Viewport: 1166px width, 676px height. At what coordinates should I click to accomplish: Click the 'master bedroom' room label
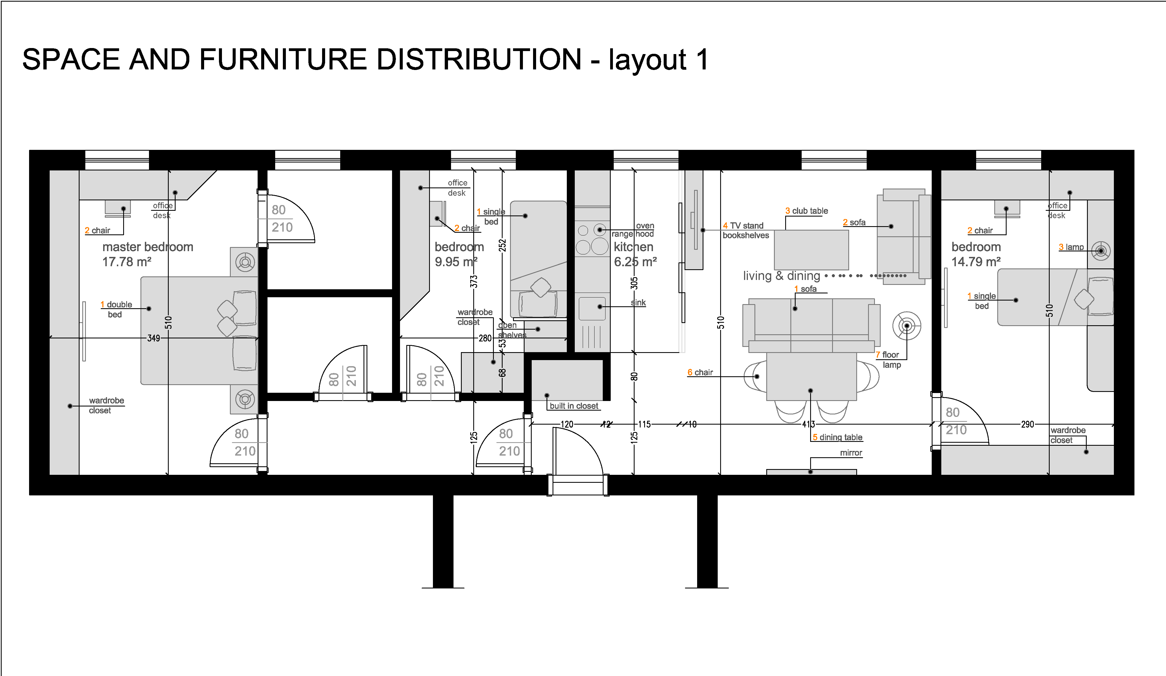pyautogui.click(x=148, y=247)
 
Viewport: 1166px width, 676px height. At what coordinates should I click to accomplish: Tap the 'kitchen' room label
pyautogui.click(x=633, y=247)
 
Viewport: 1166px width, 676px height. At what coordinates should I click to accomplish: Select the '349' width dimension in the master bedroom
pyautogui.click(x=154, y=338)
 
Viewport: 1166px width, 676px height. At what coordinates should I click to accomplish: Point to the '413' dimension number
pyautogui.click(x=808, y=424)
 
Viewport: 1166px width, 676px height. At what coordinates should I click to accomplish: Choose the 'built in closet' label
pyautogui.click(x=574, y=406)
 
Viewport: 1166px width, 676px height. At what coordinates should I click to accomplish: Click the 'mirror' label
pyautogui.click(x=851, y=453)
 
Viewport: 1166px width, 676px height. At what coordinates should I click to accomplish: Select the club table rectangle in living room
pyautogui.click(x=811, y=249)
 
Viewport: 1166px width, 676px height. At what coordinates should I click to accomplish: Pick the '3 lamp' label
pyautogui.click(x=1071, y=247)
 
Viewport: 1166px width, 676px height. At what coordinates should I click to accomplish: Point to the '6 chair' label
pyautogui.click(x=700, y=372)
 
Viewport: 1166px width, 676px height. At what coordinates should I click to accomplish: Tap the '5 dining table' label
pyautogui.click(x=838, y=437)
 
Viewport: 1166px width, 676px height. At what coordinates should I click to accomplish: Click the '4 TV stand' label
pyautogui.click(x=743, y=226)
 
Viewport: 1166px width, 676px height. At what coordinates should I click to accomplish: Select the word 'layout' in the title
pyautogui.click(x=647, y=60)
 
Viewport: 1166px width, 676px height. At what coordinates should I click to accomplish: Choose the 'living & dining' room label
pyautogui.click(x=782, y=276)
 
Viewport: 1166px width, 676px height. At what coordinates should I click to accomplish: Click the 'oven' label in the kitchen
pyautogui.click(x=645, y=226)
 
